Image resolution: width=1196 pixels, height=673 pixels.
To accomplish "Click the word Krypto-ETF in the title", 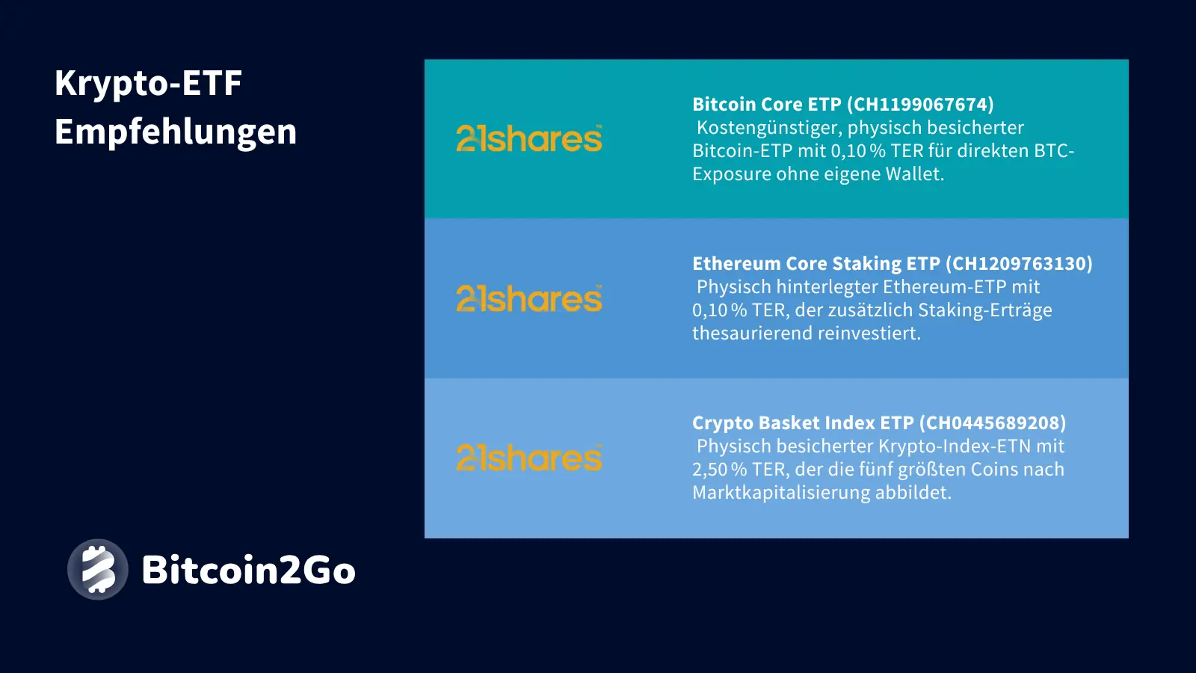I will coord(148,84).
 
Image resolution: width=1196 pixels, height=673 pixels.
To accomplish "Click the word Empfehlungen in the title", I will coord(176,132).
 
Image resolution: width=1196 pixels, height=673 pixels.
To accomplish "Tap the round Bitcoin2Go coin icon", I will coord(98,569).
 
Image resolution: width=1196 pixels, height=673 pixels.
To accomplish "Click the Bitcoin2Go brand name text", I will coord(248,570).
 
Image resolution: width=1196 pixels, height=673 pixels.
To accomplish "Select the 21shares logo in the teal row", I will coord(529,139).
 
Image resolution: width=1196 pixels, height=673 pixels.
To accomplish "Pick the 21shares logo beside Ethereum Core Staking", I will coord(529,298).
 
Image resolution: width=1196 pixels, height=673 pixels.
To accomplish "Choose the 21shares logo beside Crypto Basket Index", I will coord(529,458).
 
